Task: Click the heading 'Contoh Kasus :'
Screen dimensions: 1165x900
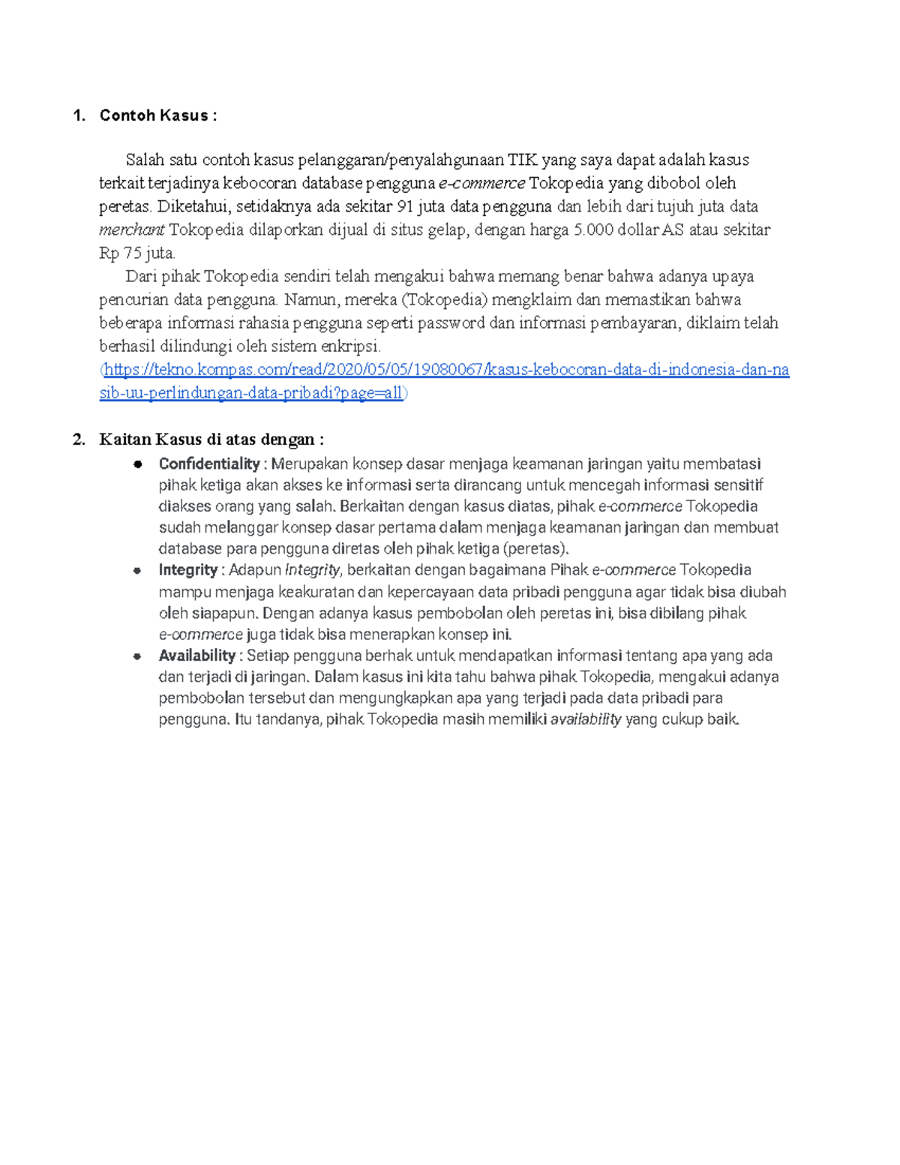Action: tap(157, 116)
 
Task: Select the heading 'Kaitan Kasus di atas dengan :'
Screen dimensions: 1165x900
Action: tap(211, 440)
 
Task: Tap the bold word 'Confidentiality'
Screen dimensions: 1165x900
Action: tap(208, 464)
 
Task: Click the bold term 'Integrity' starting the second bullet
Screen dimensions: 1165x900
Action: tap(187, 570)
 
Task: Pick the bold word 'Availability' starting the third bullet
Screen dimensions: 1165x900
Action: tap(196, 656)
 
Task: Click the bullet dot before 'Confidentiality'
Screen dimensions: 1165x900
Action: tap(138, 464)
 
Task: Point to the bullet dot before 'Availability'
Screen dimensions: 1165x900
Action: tap(138, 656)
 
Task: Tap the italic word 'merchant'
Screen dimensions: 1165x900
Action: tap(131, 230)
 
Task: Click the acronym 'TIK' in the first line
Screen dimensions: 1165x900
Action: tap(522, 160)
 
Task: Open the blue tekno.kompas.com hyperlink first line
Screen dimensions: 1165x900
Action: tap(446, 370)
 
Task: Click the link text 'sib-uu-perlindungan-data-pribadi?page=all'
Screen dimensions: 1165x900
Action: tap(251, 393)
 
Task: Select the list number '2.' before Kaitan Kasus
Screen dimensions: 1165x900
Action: tap(79, 440)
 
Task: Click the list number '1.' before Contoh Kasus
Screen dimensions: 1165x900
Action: tap(79, 116)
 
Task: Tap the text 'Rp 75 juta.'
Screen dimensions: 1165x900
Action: tap(136, 253)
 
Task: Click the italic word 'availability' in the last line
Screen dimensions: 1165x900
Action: tap(586, 719)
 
